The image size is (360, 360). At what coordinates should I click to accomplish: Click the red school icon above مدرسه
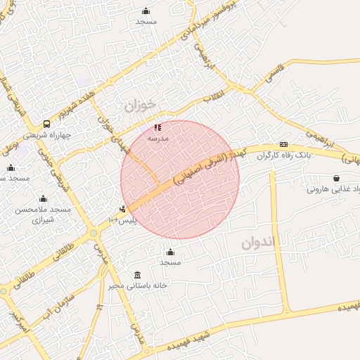pyautogui.click(x=157, y=127)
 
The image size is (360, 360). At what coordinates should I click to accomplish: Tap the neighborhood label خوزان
pyautogui.click(x=139, y=106)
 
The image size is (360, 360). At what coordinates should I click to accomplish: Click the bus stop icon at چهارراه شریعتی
pyautogui.click(x=46, y=124)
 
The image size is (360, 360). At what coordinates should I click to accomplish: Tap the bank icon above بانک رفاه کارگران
pyautogui.click(x=283, y=143)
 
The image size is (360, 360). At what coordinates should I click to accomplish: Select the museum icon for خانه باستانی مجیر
pyautogui.click(x=136, y=275)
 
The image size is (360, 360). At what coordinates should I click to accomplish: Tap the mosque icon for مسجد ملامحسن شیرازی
pyautogui.click(x=43, y=199)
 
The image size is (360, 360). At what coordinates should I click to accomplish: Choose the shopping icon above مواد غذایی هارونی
pyautogui.click(x=337, y=178)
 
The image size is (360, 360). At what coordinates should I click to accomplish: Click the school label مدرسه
pyautogui.click(x=158, y=139)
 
